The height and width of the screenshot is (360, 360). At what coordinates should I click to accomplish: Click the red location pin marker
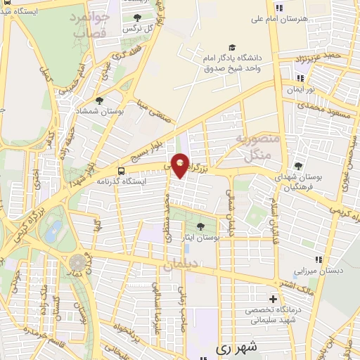tap(181, 165)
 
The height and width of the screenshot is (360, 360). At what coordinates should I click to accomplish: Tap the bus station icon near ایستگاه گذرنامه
tap(122, 171)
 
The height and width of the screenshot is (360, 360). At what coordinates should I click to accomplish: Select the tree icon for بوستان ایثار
tap(201, 226)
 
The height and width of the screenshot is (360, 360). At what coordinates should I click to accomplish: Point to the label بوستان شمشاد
tap(99, 112)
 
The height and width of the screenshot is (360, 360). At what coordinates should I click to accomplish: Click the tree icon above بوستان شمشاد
tap(98, 101)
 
